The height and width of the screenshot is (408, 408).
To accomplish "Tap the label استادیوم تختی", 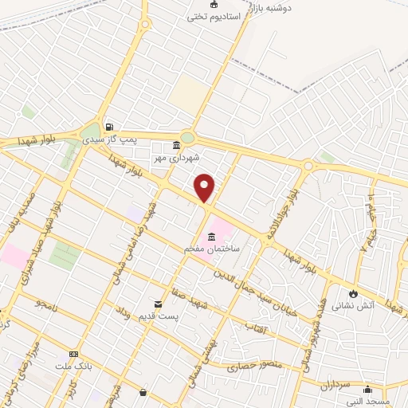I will (213, 17).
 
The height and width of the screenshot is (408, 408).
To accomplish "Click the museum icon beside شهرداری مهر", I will (176, 145).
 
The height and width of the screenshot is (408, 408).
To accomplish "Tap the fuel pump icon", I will (109, 126).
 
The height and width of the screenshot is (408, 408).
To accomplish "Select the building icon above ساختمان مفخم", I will (212, 237).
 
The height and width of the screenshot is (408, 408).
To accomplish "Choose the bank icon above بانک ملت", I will (73, 354).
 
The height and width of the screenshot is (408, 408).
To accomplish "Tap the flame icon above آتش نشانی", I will (353, 292).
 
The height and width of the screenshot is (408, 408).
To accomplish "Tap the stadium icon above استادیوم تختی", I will (213, 5).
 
